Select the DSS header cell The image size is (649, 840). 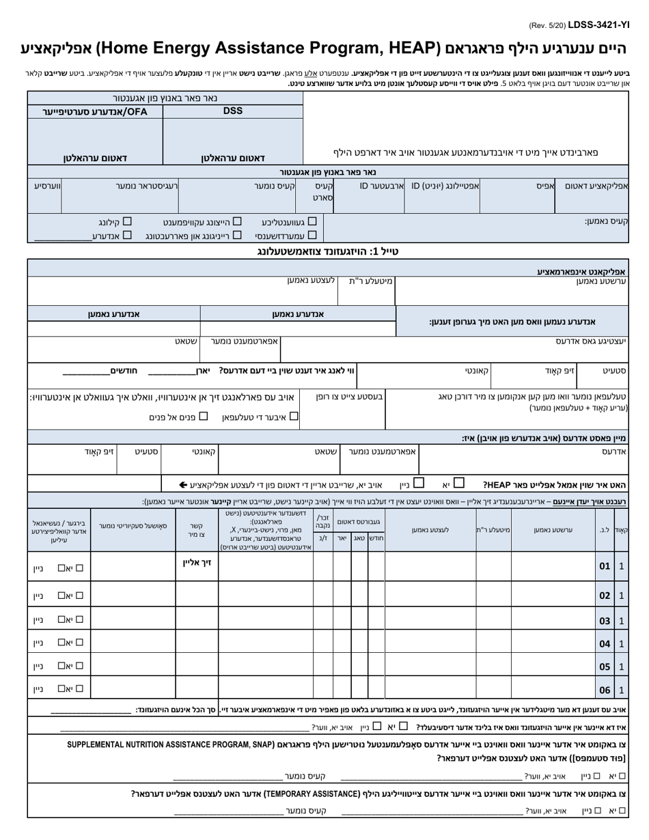232,111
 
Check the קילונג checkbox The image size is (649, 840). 126,221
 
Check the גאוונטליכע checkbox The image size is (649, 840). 312,221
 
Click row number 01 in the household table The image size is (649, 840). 605,566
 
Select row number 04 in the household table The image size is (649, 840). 605,643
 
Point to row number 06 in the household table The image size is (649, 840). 605,690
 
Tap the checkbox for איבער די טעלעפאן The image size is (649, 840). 293,415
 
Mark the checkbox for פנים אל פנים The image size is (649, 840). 203,415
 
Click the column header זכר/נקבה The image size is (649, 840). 322,521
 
